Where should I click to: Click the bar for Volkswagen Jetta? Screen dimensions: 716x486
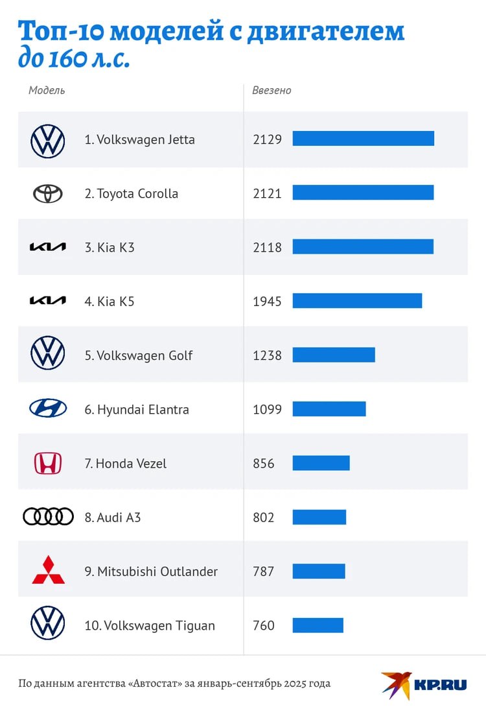point(363,139)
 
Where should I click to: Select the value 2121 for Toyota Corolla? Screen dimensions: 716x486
point(267,193)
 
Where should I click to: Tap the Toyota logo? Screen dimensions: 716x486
point(48,193)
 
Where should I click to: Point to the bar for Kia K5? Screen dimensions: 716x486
point(357,301)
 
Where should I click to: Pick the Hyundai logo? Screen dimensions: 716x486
point(48,408)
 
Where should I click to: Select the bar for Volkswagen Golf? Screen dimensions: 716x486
point(334,355)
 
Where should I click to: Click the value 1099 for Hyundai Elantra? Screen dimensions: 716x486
point(267,409)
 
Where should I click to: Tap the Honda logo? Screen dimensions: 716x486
point(48,463)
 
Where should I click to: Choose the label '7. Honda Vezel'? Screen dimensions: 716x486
point(131,463)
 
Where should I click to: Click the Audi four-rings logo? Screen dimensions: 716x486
point(48,517)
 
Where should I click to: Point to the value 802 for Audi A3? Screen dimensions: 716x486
point(264,518)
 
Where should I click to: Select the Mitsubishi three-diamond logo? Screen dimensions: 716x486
point(48,569)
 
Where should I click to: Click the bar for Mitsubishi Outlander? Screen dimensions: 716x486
point(319,571)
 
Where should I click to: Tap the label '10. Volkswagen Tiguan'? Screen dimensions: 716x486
point(150,625)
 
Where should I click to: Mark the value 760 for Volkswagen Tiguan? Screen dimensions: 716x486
point(264,625)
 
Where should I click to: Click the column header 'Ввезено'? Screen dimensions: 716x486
point(272,91)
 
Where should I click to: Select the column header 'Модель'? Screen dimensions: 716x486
point(47,90)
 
